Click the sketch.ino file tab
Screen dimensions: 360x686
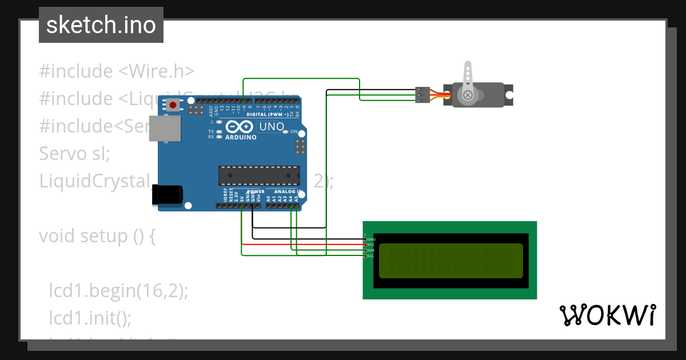tap(101, 25)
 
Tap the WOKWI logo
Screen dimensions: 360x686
tap(607, 315)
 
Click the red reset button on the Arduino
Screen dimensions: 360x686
tap(173, 105)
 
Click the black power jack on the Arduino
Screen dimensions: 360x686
tap(167, 195)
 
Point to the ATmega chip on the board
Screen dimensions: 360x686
tap(259, 175)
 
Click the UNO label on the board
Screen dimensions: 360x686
tap(272, 127)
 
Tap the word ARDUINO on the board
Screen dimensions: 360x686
tap(241, 138)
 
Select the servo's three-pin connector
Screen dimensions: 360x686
tap(422, 95)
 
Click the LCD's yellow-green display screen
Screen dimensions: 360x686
tap(450, 261)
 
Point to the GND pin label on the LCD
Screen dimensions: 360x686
tap(371, 239)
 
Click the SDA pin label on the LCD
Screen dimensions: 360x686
tap(370, 250)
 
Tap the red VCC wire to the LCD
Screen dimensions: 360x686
tap(303, 244)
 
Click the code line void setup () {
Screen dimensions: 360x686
tap(97, 235)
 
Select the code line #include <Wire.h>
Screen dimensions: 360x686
tap(117, 71)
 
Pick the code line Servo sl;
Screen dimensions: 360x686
tap(74, 153)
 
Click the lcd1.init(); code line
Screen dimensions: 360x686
tap(90, 317)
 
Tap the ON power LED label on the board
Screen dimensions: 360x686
tap(294, 132)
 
